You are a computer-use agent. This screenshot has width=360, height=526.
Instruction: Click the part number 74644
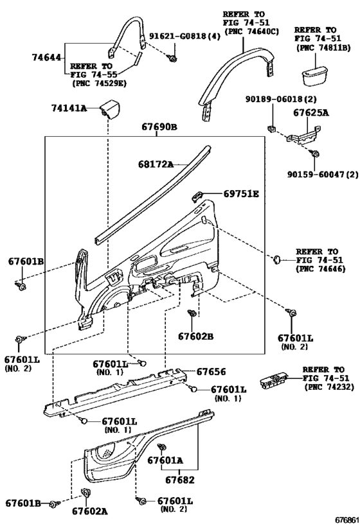[x=46, y=57]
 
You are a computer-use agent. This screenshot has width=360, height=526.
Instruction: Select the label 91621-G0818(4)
[x=184, y=36]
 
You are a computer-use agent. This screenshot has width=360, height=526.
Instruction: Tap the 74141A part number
[x=69, y=108]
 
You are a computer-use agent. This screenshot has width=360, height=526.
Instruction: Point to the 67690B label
[x=159, y=127]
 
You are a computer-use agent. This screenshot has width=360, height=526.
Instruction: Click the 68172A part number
[x=156, y=164]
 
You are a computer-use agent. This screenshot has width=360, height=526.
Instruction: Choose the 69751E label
[x=241, y=193]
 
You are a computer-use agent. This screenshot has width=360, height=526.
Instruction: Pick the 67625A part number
[x=311, y=112]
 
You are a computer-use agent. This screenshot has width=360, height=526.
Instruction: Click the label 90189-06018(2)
[x=281, y=99]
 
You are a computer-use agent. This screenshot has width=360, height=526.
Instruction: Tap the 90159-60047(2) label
[x=322, y=175]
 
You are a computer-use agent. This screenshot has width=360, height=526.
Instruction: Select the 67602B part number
[x=195, y=336]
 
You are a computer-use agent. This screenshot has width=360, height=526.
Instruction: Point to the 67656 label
[x=211, y=371]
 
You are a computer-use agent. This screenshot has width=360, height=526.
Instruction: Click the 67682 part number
[x=179, y=480]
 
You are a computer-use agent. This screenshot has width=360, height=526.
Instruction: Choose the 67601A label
[x=165, y=460]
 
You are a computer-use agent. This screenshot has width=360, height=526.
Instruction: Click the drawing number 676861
[x=346, y=520]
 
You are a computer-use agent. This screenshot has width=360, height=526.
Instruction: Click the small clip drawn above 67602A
[x=86, y=492]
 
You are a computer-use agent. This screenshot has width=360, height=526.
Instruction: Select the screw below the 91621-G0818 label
[x=173, y=59]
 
